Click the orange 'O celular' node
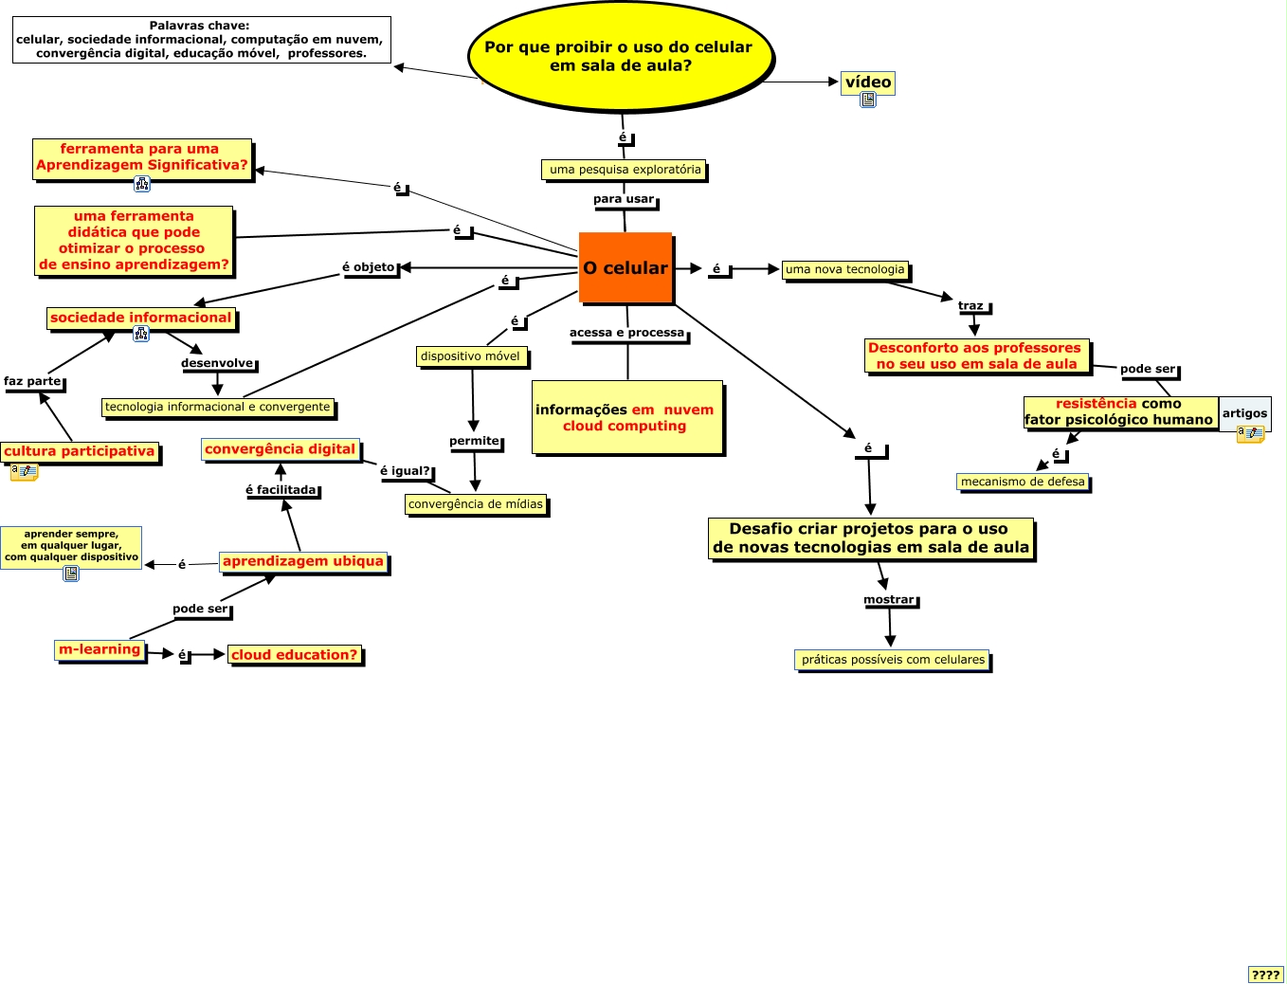[625, 268]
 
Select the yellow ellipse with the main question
[621, 56]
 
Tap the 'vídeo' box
[868, 82]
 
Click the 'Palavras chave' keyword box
[201, 40]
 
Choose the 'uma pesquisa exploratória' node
[625, 170]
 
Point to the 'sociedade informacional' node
[140, 318]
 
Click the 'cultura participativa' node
[80, 451]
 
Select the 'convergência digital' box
[281, 449]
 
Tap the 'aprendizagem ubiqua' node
[303, 561]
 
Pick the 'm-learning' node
[100, 649]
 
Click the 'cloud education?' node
[295, 655]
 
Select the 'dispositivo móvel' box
[471, 356]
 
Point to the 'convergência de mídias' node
[476, 504]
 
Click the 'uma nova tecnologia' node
[845, 269]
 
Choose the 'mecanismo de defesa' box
[1023, 482]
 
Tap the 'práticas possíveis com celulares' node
[893, 660]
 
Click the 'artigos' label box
[1244, 412]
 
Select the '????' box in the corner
[1265, 975]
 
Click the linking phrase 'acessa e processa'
[626, 333]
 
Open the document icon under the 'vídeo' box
[868, 100]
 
